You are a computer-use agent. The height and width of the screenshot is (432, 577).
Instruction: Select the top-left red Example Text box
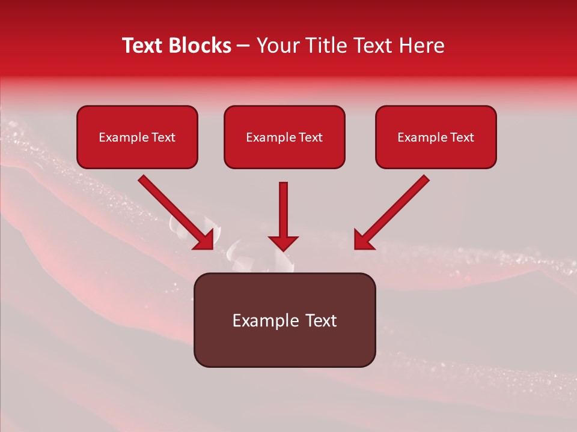[137, 137]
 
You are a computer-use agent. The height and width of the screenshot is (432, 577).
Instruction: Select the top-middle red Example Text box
[284, 137]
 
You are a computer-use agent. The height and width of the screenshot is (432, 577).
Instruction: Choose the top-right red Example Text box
[436, 137]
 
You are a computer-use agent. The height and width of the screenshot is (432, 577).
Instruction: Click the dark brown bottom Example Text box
[284, 320]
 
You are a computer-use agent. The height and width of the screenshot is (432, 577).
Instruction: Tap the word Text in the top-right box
[462, 137]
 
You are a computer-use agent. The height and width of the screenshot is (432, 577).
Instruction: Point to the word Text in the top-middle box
[310, 137]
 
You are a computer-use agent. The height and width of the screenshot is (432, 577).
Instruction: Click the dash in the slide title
[243, 46]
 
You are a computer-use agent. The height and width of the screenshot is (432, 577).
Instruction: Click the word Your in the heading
[276, 46]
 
